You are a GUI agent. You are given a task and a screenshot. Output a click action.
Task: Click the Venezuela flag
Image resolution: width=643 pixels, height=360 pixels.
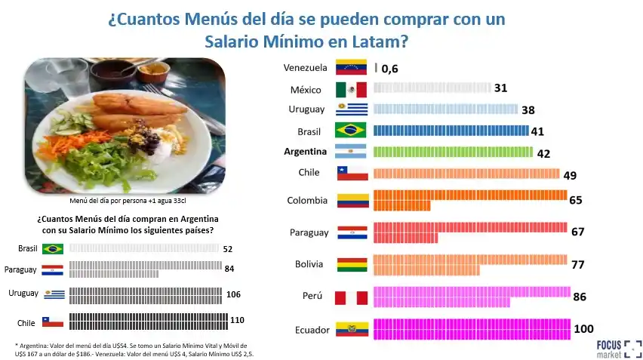tap(350, 68)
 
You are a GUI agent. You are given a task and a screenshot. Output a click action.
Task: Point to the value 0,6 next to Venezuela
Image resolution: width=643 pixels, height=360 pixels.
tap(389, 69)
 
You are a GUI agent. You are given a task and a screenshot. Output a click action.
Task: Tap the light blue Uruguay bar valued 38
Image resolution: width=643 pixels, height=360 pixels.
tap(445, 109)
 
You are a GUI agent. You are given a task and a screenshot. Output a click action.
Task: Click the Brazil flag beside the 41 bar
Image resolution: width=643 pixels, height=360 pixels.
tap(350, 131)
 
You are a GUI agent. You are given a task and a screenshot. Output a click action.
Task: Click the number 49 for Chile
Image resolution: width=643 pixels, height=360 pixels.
tap(570, 175)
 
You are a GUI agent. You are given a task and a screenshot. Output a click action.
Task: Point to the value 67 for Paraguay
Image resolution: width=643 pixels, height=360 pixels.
tap(578, 232)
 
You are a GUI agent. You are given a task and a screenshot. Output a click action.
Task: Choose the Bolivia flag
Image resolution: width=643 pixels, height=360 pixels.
tap(352, 265)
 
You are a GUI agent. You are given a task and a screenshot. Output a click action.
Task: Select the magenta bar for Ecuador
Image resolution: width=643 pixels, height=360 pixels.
tap(472, 329)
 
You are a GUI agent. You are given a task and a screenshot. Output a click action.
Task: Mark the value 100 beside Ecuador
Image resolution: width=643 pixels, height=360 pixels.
tap(584, 329)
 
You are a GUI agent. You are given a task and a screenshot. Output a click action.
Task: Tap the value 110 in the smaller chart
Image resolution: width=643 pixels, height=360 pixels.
tap(237, 320)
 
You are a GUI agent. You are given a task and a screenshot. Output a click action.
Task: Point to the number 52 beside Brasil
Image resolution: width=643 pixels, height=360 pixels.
tap(229, 248)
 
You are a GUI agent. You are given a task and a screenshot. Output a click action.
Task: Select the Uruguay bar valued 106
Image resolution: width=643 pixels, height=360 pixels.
tap(145, 294)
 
